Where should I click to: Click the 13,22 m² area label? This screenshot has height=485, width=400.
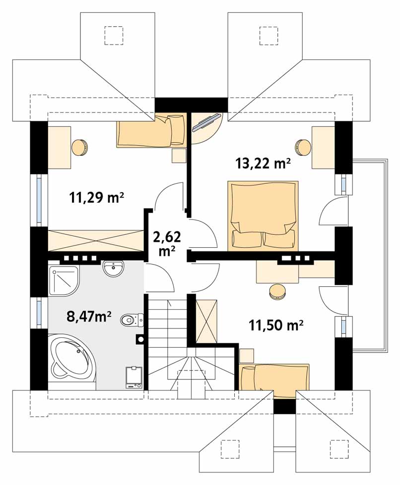click(263, 163)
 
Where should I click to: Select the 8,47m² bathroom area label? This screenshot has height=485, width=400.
click(89, 317)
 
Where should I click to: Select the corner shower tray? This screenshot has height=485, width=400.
click(64, 280)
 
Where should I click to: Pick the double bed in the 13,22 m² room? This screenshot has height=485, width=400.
click(263, 216)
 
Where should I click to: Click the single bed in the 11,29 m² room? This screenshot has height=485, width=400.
click(151, 130)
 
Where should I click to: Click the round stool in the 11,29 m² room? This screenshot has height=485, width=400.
click(79, 147)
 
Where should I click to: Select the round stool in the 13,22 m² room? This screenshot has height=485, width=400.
click(303, 147)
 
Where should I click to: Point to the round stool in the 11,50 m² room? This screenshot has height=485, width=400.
click(277, 292)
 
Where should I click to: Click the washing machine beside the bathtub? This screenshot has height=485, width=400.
click(134, 377)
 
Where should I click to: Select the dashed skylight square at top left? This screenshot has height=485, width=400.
click(114, 36)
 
